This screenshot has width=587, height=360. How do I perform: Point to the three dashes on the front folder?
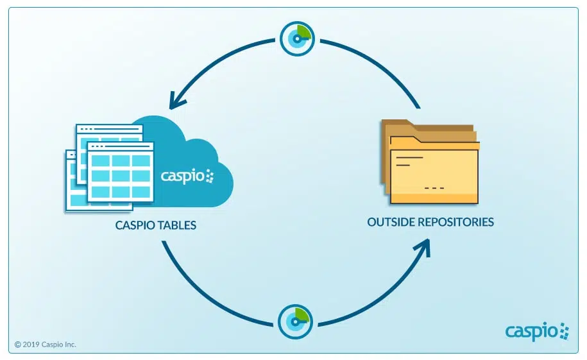pyautogui.click(x=434, y=187)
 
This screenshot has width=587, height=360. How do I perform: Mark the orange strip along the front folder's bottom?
pyautogui.click(x=434, y=198)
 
